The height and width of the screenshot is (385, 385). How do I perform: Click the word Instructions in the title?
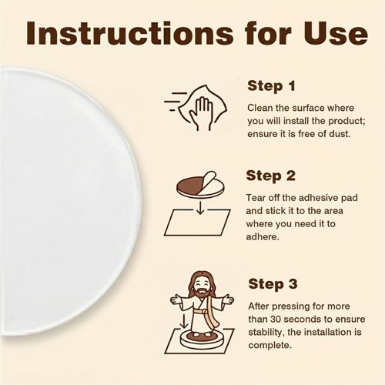point(129,33)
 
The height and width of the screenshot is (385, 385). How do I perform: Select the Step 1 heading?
point(271,86)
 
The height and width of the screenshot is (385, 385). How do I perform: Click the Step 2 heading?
point(270,176)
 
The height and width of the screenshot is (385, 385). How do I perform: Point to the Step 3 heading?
point(273,284)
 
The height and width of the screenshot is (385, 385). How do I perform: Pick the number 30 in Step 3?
point(276,320)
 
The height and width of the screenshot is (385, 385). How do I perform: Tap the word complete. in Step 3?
point(270,346)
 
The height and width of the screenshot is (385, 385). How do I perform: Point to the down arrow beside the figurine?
point(184,322)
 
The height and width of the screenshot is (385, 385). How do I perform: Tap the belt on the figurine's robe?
point(201,312)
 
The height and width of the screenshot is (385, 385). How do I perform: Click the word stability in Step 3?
point(266,333)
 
